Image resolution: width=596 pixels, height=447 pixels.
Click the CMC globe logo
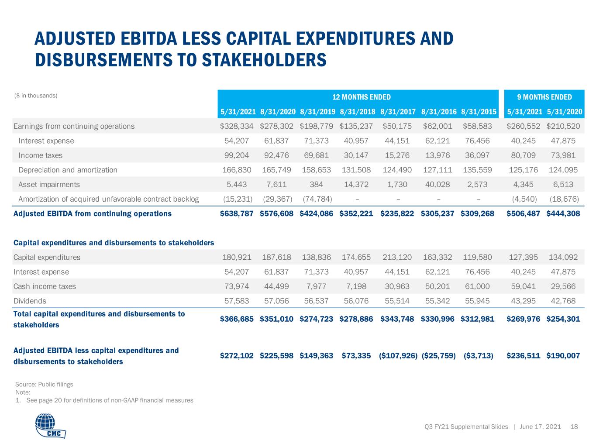tap(50, 425)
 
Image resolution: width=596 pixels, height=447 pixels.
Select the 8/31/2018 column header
tap(357, 112)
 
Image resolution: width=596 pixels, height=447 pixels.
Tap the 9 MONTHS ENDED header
tap(544, 97)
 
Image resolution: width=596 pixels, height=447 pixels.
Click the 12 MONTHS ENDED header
tap(362, 97)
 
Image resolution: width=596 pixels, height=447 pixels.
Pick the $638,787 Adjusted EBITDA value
tap(237, 213)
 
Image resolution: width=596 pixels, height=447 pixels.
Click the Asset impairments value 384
tap(316, 185)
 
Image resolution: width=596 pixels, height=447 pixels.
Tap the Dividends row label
tap(30, 301)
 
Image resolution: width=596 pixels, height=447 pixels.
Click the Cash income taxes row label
tap(45, 286)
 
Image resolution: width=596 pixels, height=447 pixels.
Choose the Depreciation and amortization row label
tap(68, 170)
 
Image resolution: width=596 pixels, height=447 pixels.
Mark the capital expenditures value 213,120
tap(397, 257)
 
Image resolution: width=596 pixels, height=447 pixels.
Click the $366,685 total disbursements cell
tap(237, 319)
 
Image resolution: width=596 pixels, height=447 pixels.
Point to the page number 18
tap(574, 426)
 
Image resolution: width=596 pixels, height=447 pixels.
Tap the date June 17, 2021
tap(540, 426)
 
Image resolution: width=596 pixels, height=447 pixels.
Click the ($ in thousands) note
tap(35, 96)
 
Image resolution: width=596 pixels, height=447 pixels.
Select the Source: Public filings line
tap(44, 384)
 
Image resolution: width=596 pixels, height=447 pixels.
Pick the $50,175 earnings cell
tap(397, 126)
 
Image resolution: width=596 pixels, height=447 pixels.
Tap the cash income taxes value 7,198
tap(356, 286)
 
